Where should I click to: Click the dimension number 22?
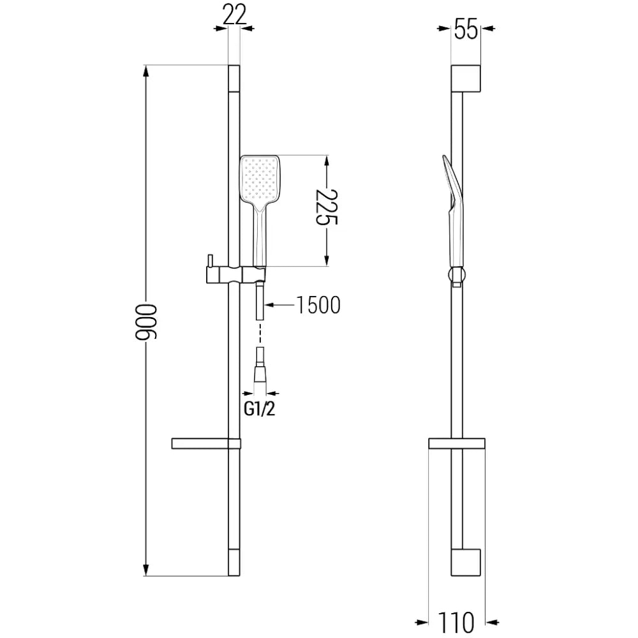[x=235, y=14]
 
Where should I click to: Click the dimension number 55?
[x=466, y=29]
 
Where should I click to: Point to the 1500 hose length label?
[x=318, y=306]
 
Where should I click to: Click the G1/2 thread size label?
[x=260, y=409]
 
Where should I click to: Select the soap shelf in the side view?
[x=456, y=444]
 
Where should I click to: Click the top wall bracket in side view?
[x=466, y=78]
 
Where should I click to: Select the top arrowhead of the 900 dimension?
[x=147, y=72]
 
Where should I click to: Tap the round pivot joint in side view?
[x=455, y=276]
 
